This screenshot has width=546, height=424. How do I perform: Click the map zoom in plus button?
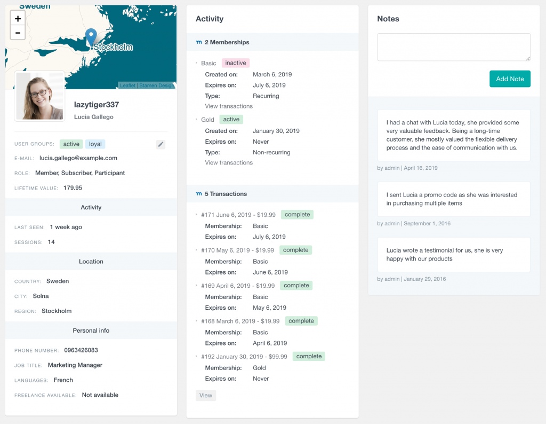click(18, 19)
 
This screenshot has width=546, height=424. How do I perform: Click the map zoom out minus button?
click(18, 33)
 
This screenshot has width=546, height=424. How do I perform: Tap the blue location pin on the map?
click(91, 37)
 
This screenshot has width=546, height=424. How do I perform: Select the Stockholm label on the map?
click(113, 47)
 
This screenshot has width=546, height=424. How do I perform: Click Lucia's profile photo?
click(40, 96)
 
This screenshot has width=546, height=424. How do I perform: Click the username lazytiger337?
click(97, 105)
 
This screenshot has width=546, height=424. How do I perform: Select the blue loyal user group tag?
click(95, 144)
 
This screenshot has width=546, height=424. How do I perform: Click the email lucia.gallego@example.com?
click(78, 158)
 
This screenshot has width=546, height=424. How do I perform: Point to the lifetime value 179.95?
click(73, 188)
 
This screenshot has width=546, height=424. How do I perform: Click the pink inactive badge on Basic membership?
click(236, 63)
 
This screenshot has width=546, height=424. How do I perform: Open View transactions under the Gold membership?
click(229, 163)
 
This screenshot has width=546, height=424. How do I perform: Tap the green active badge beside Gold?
click(231, 120)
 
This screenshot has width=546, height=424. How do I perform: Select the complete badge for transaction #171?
click(297, 215)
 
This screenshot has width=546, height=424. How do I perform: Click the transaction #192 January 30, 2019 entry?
click(244, 357)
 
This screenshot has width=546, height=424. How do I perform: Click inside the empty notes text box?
click(454, 47)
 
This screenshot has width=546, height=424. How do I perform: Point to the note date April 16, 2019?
click(421, 168)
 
